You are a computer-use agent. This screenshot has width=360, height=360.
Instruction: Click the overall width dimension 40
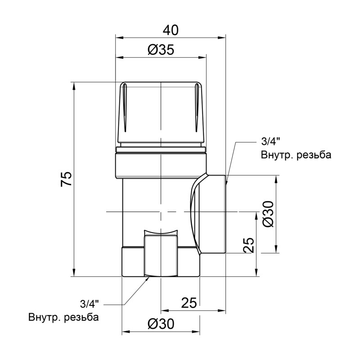tap(170, 30)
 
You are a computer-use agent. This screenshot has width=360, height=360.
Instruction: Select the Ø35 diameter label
tap(161, 50)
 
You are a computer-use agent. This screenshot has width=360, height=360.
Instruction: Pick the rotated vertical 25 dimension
tap(249, 246)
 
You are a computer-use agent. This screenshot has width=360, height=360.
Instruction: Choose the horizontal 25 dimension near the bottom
tap(189, 303)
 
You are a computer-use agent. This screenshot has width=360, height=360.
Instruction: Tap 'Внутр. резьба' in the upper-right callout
tap(296, 156)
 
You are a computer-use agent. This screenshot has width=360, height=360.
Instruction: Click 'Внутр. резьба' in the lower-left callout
tap(63, 317)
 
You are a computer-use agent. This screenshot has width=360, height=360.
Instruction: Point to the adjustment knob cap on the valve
tap(161, 112)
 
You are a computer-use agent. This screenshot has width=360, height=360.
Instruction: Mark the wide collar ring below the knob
tap(161, 164)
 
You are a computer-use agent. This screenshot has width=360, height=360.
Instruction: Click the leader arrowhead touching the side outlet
tap(228, 182)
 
